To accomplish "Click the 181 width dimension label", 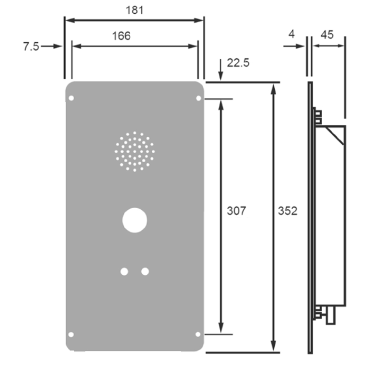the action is tap(134, 10).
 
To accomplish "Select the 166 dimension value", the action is tap(121, 36).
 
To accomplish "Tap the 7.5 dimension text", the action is tap(31, 46).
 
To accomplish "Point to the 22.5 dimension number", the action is tap(238, 63).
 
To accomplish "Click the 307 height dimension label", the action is tap(236, 211).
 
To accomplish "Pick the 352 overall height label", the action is tap(288, 211).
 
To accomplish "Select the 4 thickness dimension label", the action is tap(291, 34).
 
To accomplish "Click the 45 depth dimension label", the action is tap(327, 35).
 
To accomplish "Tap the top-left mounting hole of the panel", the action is tap(72, 98).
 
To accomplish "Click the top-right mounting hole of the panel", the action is tap(199, 98).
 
